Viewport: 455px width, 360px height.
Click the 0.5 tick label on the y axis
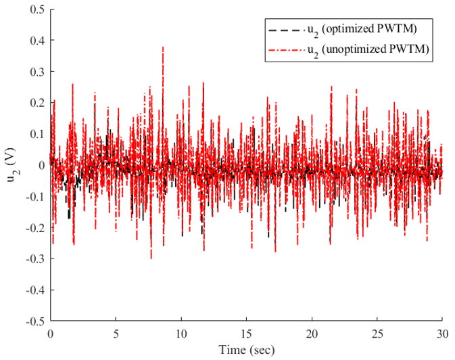click(37, 9)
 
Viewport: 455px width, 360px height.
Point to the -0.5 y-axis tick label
click(35, 321)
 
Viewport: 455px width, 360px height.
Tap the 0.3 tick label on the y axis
click(37, 72)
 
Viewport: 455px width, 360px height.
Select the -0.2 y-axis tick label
click(35, 227)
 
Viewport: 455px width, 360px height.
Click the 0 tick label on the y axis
click(42, 165)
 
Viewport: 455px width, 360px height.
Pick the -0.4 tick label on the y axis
click(35, 290)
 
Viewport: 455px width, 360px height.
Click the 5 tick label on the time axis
click(116, 334)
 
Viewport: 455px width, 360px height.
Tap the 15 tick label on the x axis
click(246, 334)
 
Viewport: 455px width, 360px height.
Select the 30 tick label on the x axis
click(442, 334)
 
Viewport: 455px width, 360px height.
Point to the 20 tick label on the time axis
click(312, 334)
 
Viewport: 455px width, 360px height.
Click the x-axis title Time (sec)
click(246, 350)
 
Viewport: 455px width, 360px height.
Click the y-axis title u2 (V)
click(12, 165)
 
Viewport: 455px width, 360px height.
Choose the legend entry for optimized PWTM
click(343, 30)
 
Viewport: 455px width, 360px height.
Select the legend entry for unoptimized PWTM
click(349, 50)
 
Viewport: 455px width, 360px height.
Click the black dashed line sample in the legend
click(284, 30)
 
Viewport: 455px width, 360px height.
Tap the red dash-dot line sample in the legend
click(287, 50)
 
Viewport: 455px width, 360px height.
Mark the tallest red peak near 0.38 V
click(163, 47)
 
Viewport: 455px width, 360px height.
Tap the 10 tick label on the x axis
click(181, 334)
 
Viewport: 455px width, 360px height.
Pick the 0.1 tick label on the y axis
click(37, 134)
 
